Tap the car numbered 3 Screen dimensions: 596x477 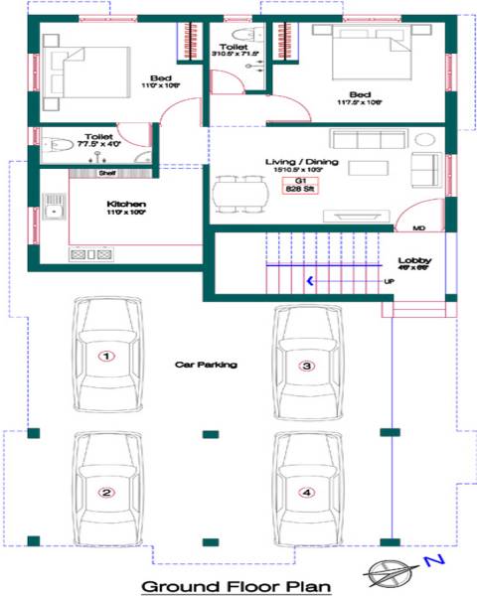tap(307, 365)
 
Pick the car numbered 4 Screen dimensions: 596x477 tap(307, 492)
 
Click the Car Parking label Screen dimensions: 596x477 tap(206, 366)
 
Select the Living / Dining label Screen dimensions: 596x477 tap(298, 161)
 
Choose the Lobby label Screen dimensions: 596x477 tap(411, 261)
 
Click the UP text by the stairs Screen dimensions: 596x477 tap(389, 282)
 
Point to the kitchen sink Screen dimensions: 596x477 tap(54, 210)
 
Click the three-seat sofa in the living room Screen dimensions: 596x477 tap(366, 138)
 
